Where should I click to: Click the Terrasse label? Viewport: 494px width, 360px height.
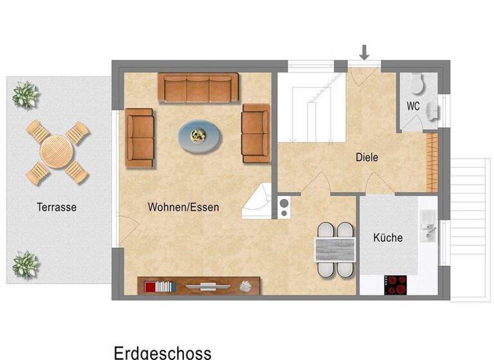[x=57, y=207]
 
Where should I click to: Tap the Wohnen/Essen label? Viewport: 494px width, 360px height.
[x=183, y=207]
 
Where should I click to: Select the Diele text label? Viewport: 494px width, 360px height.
[x=367, y=157]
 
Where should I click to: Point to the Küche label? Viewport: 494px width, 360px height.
[x=388, y=238]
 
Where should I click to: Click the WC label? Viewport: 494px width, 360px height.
[x=413, y=106]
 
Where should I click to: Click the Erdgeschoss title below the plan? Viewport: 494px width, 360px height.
[x=162, y=352]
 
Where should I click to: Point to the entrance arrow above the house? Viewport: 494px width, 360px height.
[x=364, y=52]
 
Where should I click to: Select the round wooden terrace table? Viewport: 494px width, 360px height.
[x=57, y=152]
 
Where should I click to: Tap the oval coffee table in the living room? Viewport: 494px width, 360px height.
[x=199, y=137]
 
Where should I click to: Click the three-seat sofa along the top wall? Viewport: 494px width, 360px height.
[x=198, y=87]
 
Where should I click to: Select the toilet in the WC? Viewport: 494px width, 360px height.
[x=417, y=84]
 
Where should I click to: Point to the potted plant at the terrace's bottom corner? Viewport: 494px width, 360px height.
[x=25, y=264]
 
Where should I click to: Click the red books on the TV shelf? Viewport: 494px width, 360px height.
[x=151, y=286]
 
